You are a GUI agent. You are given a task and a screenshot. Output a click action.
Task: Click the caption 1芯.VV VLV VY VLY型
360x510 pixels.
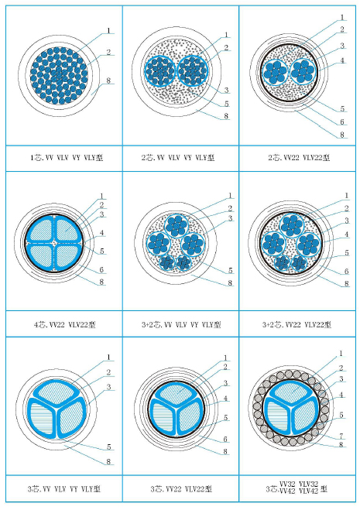pos(67,158)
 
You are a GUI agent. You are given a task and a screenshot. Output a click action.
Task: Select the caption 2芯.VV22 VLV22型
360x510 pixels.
pos(299,158)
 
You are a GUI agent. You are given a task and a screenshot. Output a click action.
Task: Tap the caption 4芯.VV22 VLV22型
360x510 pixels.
pos(65,324)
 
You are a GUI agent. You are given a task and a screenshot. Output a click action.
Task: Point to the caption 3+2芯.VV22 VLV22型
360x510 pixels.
pos(297,324)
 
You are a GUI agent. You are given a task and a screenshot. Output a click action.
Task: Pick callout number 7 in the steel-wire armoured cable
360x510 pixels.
pos(341,435)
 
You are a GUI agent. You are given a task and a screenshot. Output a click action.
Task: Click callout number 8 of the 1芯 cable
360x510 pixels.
pos(108,80)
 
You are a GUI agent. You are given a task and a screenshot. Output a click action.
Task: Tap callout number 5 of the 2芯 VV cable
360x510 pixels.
pos(227,104)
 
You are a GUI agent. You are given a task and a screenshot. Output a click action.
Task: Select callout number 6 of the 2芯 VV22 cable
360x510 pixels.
pos(342,122)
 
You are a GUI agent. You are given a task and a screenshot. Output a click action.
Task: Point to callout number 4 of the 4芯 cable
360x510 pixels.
pos(102,233)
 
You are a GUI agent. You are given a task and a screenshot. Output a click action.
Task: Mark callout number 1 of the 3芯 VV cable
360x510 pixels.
pos(108,357)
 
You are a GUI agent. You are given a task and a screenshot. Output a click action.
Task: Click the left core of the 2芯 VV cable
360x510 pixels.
pos(160,70)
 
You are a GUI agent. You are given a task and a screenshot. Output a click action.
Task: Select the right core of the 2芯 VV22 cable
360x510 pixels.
pos(303,71)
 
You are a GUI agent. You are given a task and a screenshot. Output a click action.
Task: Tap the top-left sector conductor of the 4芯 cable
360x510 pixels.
pos(41,228)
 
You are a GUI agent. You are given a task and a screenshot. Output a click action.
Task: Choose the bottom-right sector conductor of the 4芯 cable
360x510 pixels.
pos(68,256)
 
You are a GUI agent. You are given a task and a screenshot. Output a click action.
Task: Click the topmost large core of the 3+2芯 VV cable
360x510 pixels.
pos(177,225)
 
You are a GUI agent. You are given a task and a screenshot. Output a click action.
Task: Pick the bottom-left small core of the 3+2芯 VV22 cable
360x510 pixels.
pos(283,263)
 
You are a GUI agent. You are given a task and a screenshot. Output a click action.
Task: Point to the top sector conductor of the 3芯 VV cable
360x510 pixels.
pos(57,393)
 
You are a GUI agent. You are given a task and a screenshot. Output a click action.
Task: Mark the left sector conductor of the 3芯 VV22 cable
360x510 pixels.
pos(162,417)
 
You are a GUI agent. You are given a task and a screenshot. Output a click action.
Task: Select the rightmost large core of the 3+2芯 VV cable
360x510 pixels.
pos(193,245)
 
